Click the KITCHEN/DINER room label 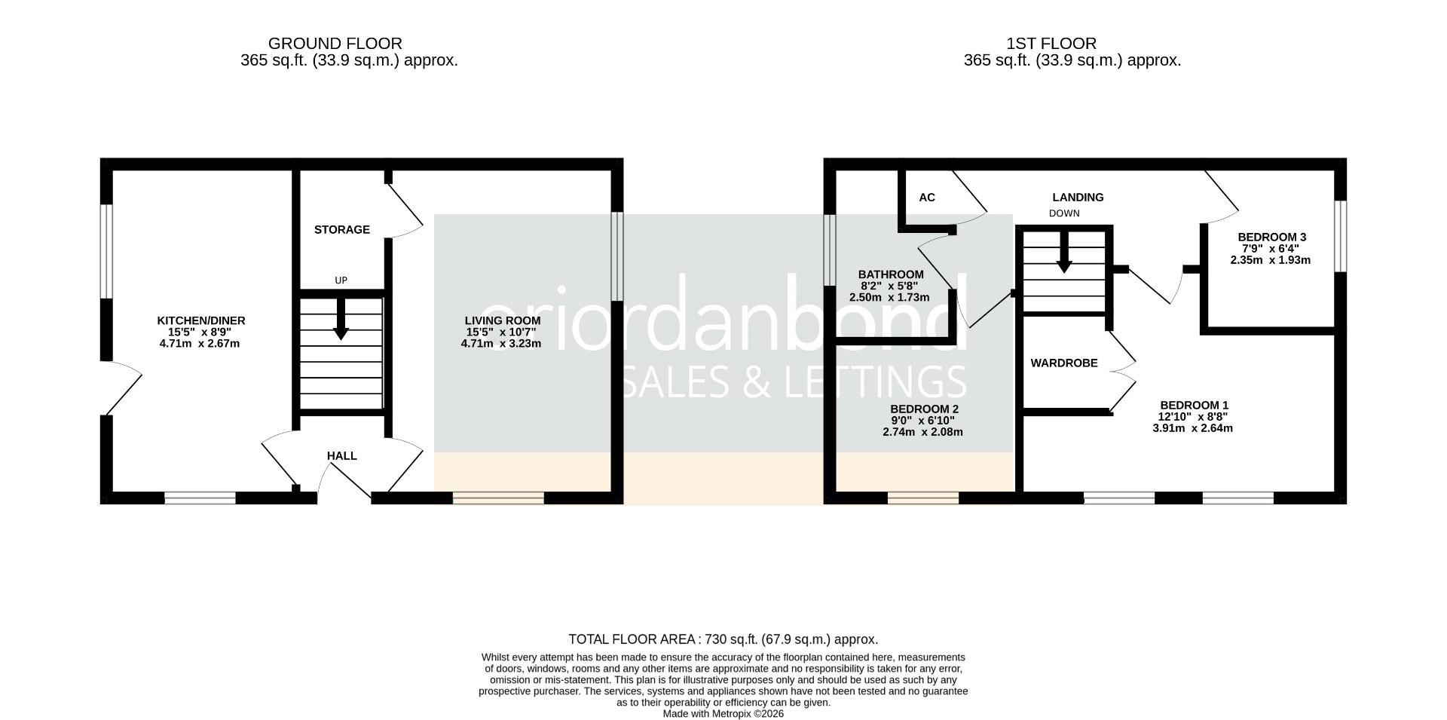point(200,320)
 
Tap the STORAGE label point(341,229)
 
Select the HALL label point(341,455)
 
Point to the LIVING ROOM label point(502,320)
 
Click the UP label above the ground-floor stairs point(341,280)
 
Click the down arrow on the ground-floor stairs point(341,320)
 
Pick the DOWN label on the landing point(1063,213)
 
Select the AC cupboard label point(926,198)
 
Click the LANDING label point(1078,198)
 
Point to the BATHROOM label point(890,274)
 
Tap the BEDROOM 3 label point(1271,237)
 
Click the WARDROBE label point(1063,363)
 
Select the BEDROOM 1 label point(1193,405)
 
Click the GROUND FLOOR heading point(335,44)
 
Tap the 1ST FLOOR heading point(1072,44)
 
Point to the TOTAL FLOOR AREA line point(723,639)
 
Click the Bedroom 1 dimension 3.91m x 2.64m point(1192,428)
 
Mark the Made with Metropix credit point(723,713)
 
